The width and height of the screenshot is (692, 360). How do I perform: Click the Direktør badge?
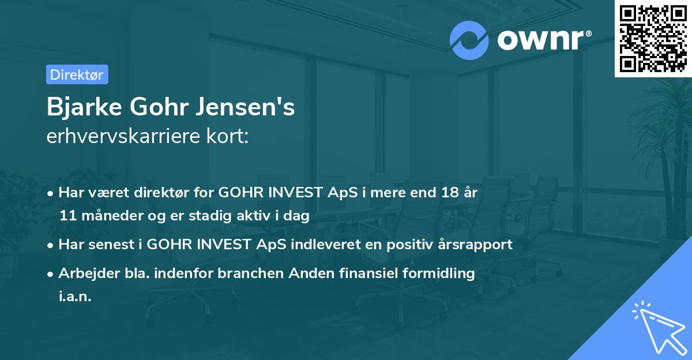(77, 74)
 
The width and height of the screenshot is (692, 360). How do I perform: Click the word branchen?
(249, 273)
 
